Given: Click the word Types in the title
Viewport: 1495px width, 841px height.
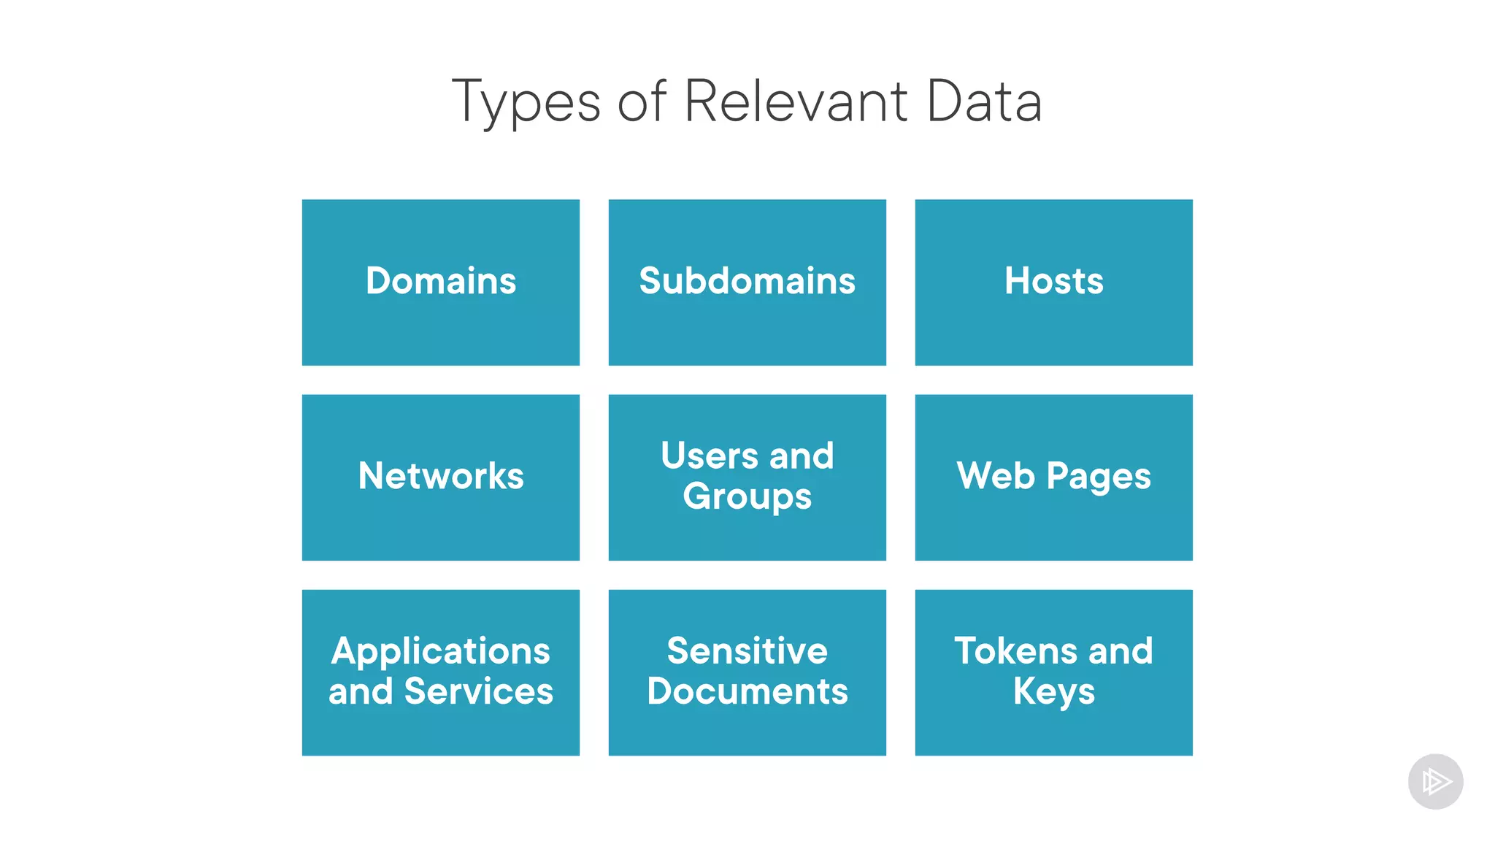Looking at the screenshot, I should point(526,102).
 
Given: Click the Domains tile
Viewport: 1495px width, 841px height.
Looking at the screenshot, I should point(441,283).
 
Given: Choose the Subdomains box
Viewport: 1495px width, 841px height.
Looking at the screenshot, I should point(747,283).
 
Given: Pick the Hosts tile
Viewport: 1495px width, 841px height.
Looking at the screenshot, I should point(1053,283).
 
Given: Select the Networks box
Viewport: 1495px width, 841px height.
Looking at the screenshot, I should point(441,477).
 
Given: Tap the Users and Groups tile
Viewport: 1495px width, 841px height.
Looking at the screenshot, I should point(747,477).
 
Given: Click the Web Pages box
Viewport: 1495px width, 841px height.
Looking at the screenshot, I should point(1053,477).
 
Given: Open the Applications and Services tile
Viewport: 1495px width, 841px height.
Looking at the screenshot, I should point(441,672).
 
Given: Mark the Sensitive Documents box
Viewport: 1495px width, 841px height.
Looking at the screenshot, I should point(747,672).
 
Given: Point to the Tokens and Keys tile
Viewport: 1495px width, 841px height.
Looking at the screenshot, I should point(1053,672).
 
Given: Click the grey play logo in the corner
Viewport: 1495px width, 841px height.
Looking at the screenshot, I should point(1435,782).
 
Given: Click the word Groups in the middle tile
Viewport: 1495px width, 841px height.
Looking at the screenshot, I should point(747,497).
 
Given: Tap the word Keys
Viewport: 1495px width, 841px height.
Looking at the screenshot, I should point(1053,692).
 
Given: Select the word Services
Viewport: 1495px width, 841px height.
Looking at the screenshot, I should point(478,691).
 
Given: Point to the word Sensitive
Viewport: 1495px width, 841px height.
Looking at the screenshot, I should point(747,651).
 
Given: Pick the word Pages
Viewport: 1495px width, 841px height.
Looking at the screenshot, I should point(1098,477).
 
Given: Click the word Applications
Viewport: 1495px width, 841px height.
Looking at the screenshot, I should point(441,652).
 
